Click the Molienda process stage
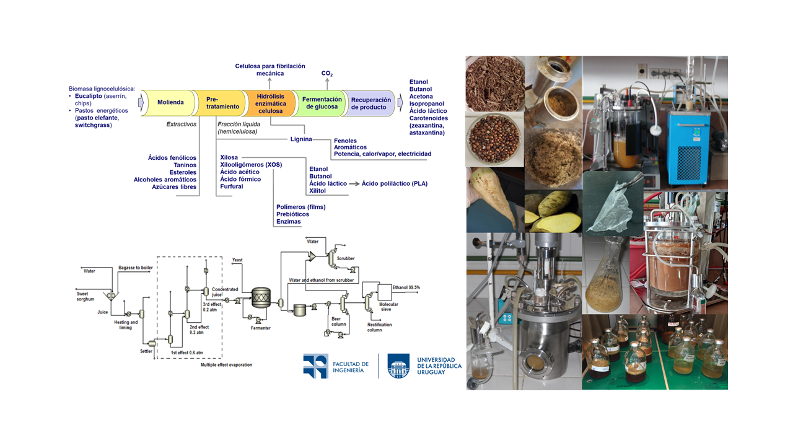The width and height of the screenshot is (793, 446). [170, 102]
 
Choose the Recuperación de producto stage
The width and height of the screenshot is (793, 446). [370, 103]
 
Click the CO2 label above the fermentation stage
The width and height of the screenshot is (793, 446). [327, 74]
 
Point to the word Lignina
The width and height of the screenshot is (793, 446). [301, 139]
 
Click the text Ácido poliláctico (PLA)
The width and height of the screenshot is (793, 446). [395, 184]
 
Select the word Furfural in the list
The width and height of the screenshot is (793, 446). [232, 186]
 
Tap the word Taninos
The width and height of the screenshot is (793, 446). [184, 165]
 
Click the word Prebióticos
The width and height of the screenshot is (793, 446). [292, 214]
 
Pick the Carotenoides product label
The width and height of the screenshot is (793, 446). [428, 118]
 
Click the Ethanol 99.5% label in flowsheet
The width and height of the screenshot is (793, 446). [406, 287]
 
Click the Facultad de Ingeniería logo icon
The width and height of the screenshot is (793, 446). [315, 365]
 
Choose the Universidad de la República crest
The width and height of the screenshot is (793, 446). [398, 365]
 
